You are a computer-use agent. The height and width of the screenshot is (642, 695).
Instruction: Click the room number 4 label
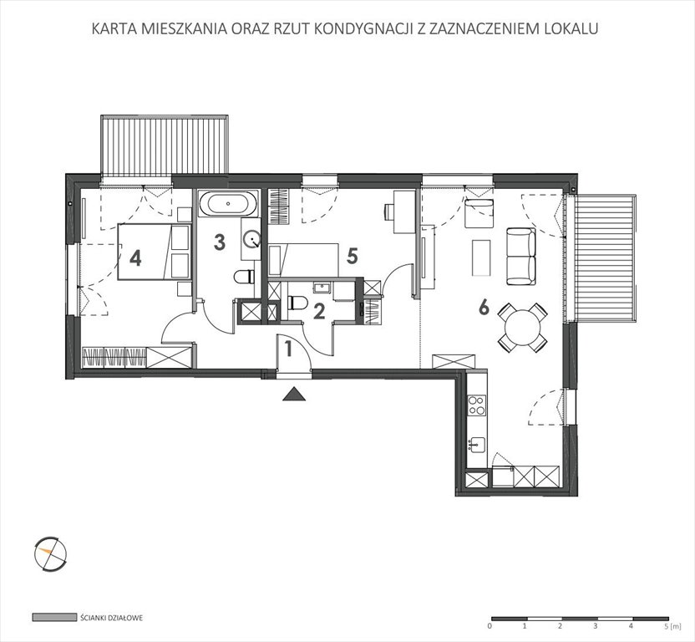pos(135,257)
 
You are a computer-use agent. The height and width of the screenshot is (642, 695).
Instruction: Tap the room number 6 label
pos(484,308)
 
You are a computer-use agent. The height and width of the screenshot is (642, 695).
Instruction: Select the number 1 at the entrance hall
pos(288,349)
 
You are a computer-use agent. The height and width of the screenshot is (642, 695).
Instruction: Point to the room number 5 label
pos(353,256)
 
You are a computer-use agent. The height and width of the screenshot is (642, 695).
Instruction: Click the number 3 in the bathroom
pos(220,242)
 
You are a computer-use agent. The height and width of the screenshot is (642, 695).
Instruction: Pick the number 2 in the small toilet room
pos(318,311)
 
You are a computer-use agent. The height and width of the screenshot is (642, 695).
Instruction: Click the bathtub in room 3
pos(229,203)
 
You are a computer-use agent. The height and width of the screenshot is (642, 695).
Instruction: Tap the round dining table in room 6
pos(522,327)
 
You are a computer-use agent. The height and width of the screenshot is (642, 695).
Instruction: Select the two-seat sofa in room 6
pos(521,255)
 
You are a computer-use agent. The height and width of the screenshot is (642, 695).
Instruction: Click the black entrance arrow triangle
pos(293,395)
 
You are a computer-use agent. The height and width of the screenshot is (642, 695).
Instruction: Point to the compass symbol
pos(49,551)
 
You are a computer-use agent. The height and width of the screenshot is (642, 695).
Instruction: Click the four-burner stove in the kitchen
pos(477,405)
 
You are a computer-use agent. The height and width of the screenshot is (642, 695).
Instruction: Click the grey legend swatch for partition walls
pos(48,618)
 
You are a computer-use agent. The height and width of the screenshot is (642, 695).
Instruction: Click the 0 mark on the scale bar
pos(490,625)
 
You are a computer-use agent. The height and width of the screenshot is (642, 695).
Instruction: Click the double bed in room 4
pos(155,252)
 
